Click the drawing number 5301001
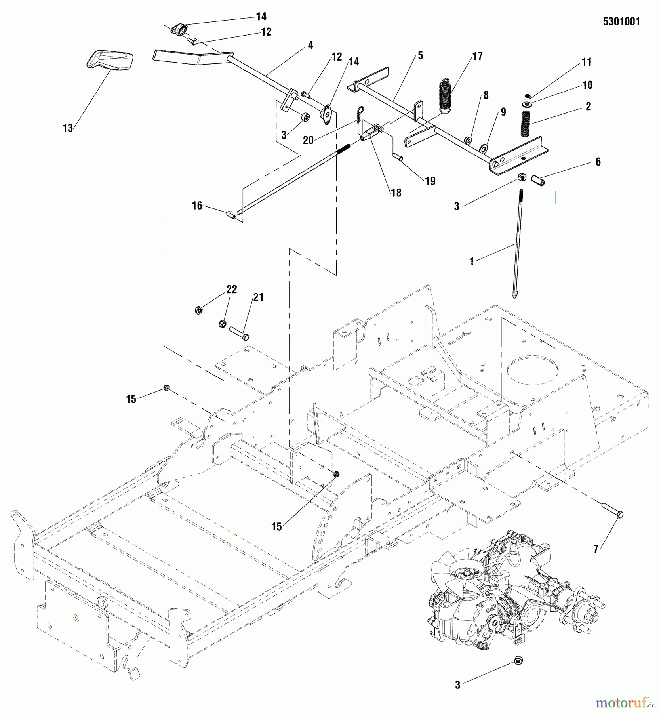pos(621,22)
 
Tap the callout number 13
pos(68,128)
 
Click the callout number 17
pos(478,57)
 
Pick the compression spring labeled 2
pos(525,124)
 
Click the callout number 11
pos(587,62)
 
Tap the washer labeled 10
pos(528,104)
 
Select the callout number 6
pos(598,162)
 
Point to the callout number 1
pos(471,262)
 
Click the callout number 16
pos(197,206)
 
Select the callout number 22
pos(232,290)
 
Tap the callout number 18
pos(396,193)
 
